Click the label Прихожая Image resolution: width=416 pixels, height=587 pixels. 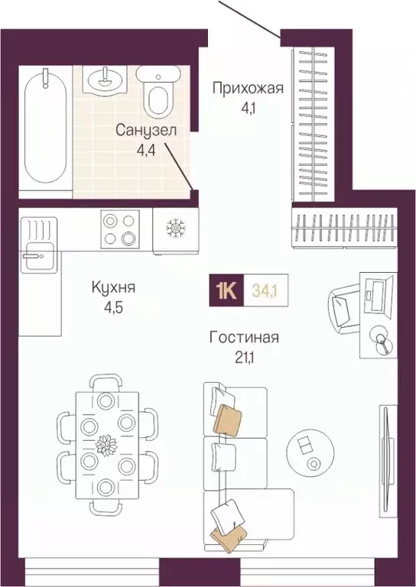tap(247, 89)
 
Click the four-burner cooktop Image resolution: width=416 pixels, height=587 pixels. tap(119, 229)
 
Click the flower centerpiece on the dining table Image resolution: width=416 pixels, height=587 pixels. tap(109, 443)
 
